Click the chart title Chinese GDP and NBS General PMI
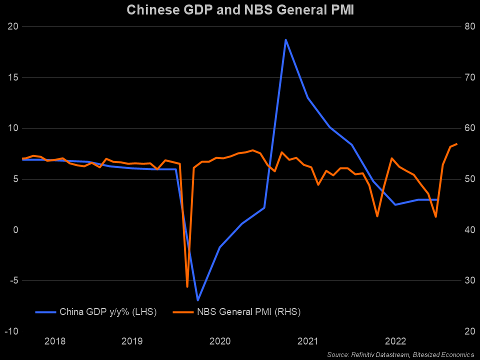click(239, 10)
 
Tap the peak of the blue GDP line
click(285, 39)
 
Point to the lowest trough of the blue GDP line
click(198, 300)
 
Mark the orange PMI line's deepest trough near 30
click(187, 286)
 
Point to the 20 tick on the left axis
click(12, 26)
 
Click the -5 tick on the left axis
click(12, 280)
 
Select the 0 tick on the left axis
click(15, 229)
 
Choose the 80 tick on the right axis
click(464, 26)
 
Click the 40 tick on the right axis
click(464, 229)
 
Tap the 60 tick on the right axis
click(464, 128)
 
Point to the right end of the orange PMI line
click(456, 144)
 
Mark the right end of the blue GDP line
click(438, 199)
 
